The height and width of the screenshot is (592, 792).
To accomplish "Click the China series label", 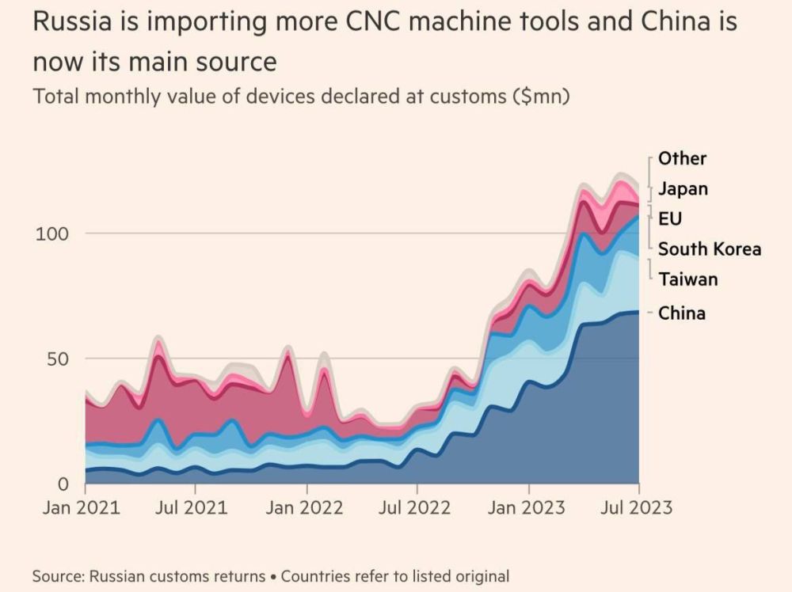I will click(682, 313).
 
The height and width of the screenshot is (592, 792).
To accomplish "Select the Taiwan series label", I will click(687, 279).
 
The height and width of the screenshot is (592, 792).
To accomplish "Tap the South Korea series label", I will click(710, 249).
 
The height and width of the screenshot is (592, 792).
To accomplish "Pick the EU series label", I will click(670, 218).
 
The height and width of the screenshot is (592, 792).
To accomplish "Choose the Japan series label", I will click(683, 189).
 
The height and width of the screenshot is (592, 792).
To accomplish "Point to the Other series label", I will click(682, 158).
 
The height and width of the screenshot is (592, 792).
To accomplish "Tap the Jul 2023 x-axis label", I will click(638, 507).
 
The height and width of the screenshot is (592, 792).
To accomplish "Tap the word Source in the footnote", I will click(58, 576).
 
